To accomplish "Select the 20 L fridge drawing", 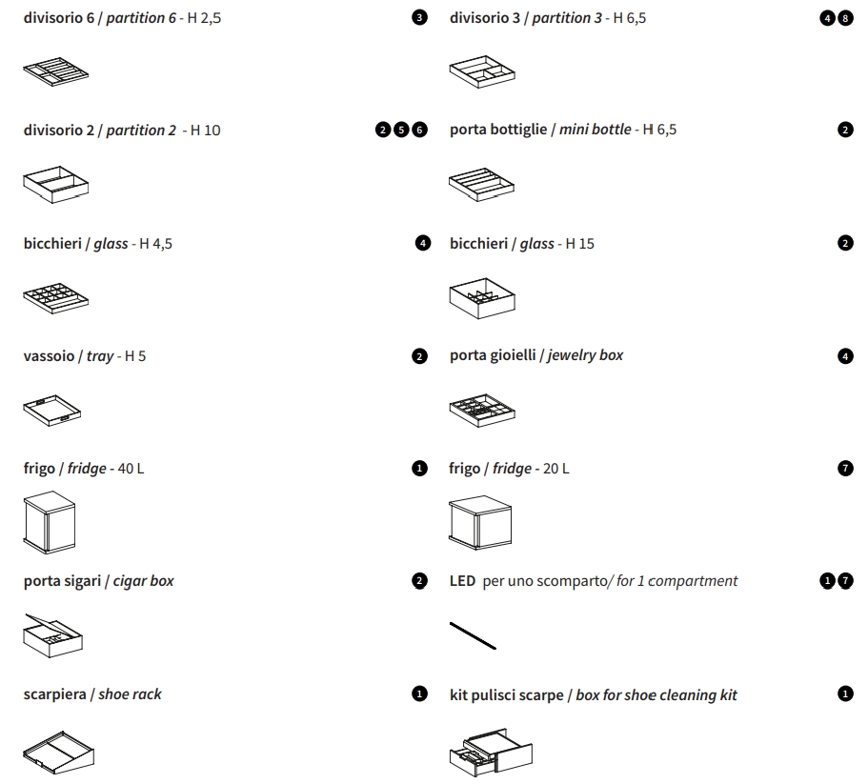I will (481, 523).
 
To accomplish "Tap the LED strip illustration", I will (473, 634).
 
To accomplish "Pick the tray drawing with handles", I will (52, 411).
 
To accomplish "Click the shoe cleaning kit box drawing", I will (491, 750).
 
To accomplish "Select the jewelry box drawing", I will (481, 410).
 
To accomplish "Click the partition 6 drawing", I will (55, 71).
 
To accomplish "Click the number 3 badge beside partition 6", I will (421, 18).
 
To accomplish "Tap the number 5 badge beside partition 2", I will (402, 131).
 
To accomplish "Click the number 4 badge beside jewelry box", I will (846, 356).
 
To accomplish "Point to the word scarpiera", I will (53, 694).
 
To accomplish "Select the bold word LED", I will (462, 581).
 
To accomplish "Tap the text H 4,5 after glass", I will (155, 244).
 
